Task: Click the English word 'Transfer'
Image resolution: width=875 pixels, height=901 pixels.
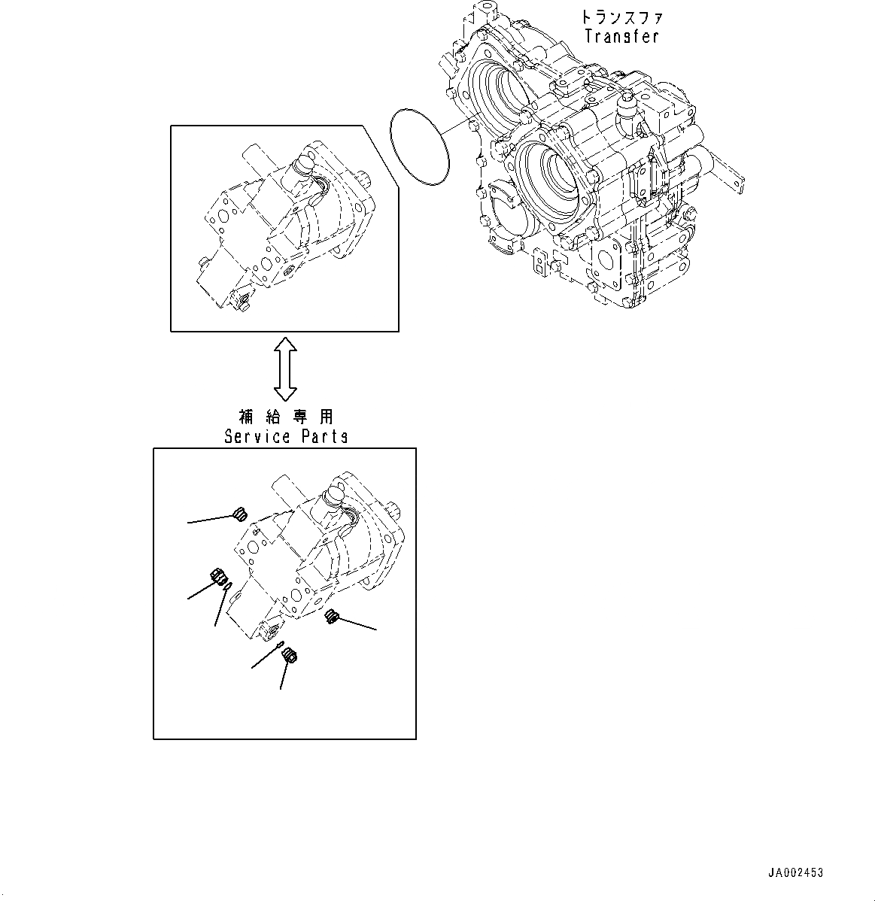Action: click(621, 36)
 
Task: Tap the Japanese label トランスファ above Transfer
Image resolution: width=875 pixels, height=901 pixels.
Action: click(621, 17)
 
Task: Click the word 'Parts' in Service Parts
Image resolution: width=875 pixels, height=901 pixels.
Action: click(324, 436)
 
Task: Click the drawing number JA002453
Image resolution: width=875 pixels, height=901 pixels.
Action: click(795, 873)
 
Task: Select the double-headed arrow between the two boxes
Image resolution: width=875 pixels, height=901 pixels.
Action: click(285, 369)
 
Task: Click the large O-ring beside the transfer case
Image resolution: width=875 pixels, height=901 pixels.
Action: click(420, 145)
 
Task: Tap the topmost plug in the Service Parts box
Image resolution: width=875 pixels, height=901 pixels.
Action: click(241, 514)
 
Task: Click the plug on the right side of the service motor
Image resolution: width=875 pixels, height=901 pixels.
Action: click(330, 617)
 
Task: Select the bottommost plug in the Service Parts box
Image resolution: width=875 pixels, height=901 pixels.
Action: click(289, 657)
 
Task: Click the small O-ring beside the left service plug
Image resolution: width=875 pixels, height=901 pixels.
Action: click(228, 587)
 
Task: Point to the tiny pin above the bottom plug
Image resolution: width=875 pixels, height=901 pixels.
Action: click(278, 647)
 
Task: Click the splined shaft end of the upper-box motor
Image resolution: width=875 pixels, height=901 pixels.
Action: click(366, 178)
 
